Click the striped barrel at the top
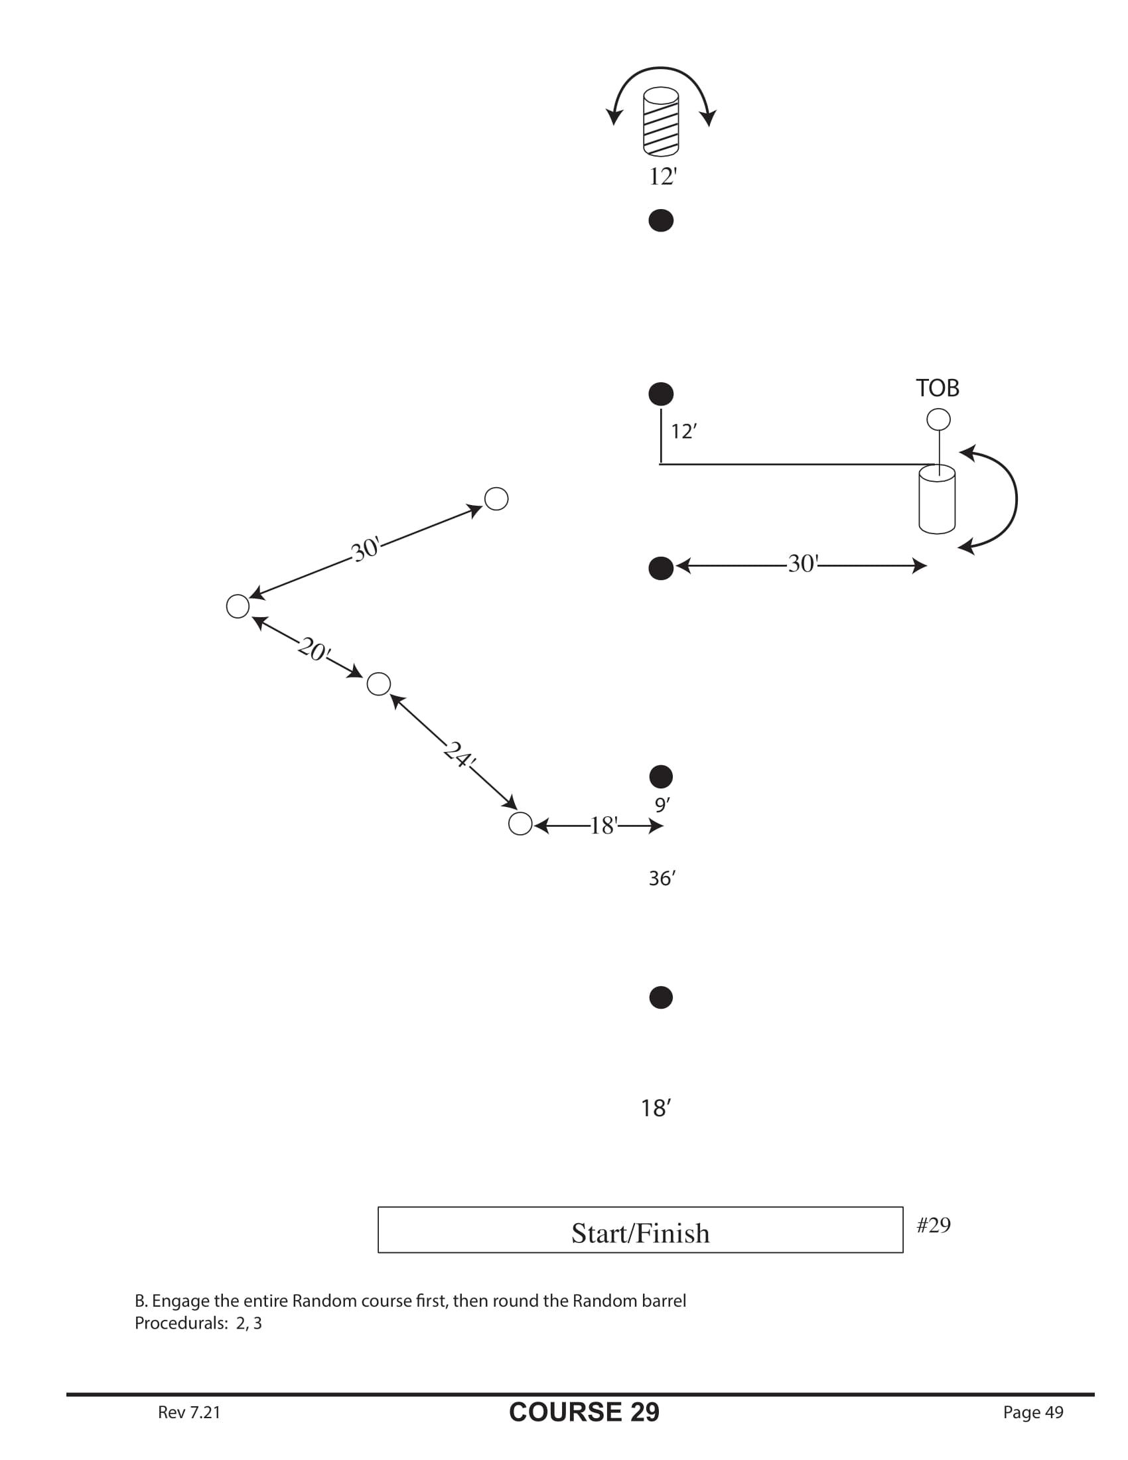coord(660,121)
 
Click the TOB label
coord(937,388)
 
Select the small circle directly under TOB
coord(938,419)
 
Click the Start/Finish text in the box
coord(640,1234)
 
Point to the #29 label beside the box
coord(934,1224)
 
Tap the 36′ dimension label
coord(662,879)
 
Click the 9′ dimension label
coord(662,805)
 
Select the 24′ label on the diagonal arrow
coord(459,755)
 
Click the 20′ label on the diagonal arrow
coord(314,649)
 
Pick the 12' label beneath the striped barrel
coord(663,177)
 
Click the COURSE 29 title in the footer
coord(584,1412)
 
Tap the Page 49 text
coord(1032,1412)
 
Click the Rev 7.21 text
coord(189,1412)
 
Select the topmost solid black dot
coord(661,220)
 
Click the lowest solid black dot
coord(661,997)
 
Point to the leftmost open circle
coord(238,607)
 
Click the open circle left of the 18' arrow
coord(521,824)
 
